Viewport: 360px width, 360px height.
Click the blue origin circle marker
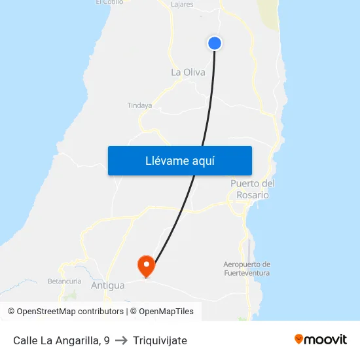[x=215, y=43]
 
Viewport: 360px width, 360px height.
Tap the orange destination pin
[x=145, y=266]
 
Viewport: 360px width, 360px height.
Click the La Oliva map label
[x=188, y=73]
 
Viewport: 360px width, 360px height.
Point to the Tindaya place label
[x=139, y=105]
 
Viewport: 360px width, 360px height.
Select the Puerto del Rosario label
[x=252, y=189]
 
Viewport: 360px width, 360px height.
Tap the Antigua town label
[x=107, y=285]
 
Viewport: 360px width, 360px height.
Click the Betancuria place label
[x=64, y=281]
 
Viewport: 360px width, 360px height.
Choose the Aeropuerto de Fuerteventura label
[x=247, y=268]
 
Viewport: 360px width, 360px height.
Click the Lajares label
[x=182, y=5]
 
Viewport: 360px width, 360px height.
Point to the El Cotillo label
[x=109, y=3]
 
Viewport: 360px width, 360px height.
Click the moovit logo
[x=321, y=339]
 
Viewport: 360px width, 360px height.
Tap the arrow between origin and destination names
[x=121, y=340]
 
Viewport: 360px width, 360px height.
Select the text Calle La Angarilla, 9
[x=61, y=340]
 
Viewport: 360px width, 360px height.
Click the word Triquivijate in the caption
[x=160, y=340]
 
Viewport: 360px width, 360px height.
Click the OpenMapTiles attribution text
[x=166, y=312]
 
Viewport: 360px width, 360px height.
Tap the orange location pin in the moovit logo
[x=299, y=339]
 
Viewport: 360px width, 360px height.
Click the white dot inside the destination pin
[x=145, y=264]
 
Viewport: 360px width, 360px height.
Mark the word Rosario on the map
[x=253, y=195]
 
